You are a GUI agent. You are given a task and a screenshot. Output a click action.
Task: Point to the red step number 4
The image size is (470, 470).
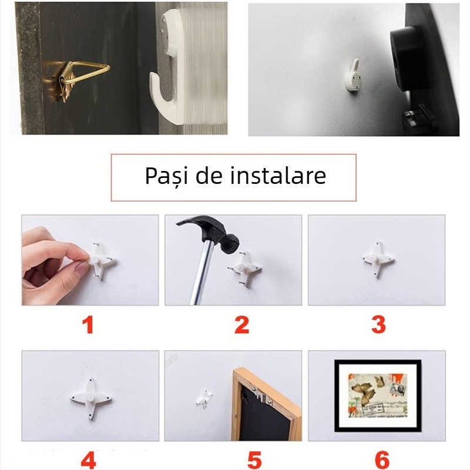click(88, 460)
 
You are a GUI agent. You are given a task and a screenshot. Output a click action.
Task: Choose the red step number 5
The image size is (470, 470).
click(254, 460)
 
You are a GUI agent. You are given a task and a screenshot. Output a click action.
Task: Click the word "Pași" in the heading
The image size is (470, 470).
click(167, 176)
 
